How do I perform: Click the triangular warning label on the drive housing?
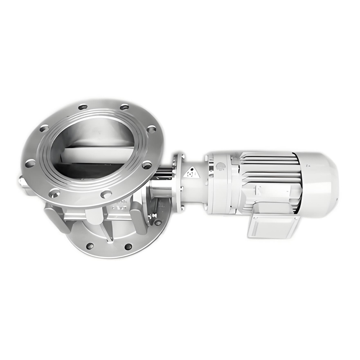192,172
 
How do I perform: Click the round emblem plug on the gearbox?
220,166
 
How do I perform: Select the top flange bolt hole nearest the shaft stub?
30,163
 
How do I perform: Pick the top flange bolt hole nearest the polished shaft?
147,165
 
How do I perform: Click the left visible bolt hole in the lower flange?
90,246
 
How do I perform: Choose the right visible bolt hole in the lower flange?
128,247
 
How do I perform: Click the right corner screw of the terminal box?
295,219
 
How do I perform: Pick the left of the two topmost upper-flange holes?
83,107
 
